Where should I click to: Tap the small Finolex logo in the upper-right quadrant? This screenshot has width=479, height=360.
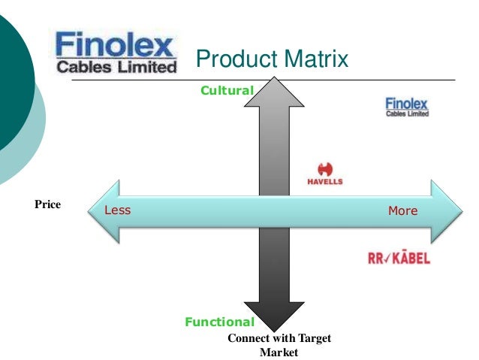tap(406, 107)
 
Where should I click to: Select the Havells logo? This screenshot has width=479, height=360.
tap(325, 175)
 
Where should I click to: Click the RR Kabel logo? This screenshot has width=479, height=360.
tap(399, 258)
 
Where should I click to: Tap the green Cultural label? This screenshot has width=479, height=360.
tap(227, 90)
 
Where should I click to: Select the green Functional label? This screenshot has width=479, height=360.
tap(220, 322)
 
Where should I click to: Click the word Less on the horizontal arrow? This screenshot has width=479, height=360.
tap(117, 210)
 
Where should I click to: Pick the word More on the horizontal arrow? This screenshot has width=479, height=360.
tap(402, 210)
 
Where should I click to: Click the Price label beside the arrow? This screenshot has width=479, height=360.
tap(47, 204)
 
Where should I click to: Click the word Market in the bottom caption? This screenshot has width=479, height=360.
tap(279, 351)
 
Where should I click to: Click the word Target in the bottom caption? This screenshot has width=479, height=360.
tap(314, 339)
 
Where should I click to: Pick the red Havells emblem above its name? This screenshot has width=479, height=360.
tap(325, 168)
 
